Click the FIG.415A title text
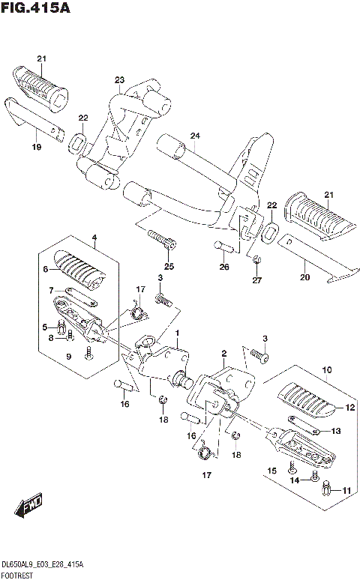click(35, 7)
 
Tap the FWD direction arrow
click(29, 505)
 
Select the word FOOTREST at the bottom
click(17, 576)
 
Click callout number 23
click(120, 80)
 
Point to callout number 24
click(195, 136)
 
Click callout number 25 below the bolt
click(169, 266)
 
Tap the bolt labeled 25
click(162, 239)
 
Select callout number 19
click(36, 147)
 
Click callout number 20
click(304, 277)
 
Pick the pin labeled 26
click(223, 247)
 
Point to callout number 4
click(94, 237)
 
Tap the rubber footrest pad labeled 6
click(79, 271)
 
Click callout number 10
click(327, 369)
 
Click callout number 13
click(335, 431)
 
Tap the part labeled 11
click(325, 489)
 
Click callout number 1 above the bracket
click(178, 333)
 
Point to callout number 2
click(224, 354)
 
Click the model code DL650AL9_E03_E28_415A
click(43, 565)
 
